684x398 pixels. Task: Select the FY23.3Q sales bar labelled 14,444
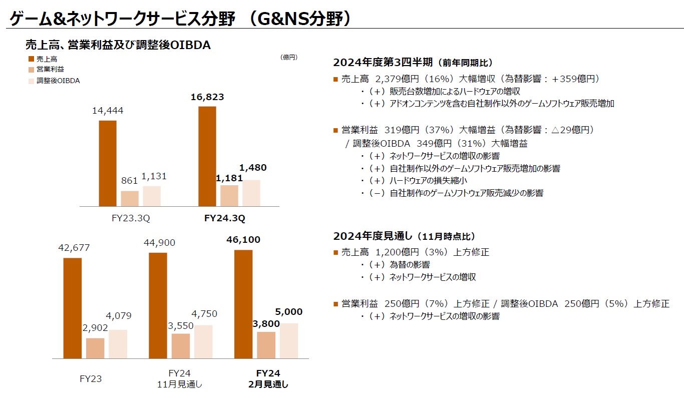coord(108,163)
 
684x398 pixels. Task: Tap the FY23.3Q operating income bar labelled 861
coord(130,198)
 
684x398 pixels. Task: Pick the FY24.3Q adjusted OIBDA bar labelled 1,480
coord(251,193)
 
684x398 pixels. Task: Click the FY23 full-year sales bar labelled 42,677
coord(73,308)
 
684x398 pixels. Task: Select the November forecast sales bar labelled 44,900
coord(158,305)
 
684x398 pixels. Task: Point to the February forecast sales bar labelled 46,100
coord(243,304)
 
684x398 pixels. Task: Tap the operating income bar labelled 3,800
coord(266,345)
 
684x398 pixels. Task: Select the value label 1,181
coord(229,178)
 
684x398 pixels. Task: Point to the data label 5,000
coord(289,312)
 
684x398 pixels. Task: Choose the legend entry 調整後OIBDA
coord(58,81)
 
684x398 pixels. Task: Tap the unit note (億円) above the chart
coord(289,58)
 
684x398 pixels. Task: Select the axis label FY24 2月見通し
coord(268,379)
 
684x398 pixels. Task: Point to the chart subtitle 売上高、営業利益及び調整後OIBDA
coord(118,45)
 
